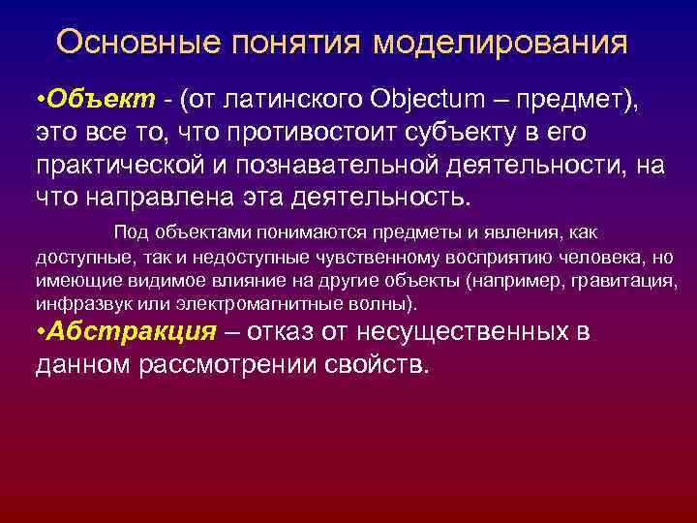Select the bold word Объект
click(x=100, y=99)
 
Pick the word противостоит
click(x=310, y=132)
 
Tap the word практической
click(x=126, y=165)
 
